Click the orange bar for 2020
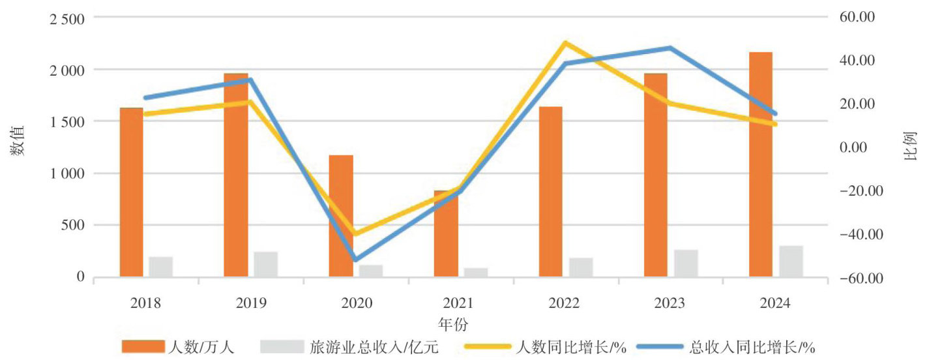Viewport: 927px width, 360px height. [x=340, y=215]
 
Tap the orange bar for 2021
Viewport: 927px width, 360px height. [x=446, y=235]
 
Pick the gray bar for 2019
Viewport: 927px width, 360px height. [x=266, y=264]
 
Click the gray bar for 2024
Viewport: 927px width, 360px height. [x=791, y=261]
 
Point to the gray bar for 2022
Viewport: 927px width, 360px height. [x=581, y=267]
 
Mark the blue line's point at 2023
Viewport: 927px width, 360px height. [x=670, y=48]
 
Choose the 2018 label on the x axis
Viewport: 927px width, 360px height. [x=145, y=303]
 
